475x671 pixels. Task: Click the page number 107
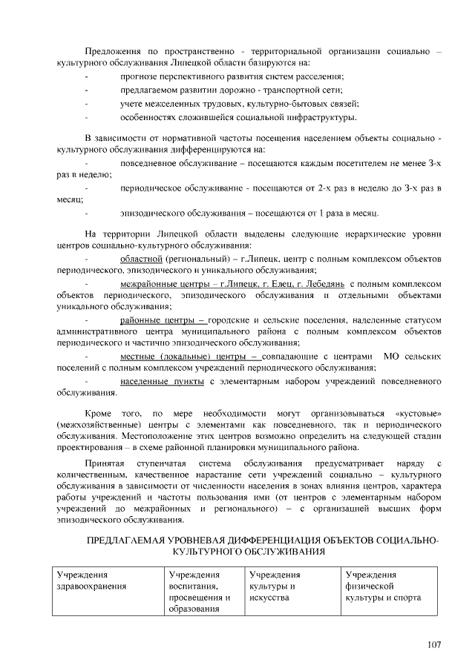point(434,644)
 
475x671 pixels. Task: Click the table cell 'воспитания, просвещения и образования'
point(199,592)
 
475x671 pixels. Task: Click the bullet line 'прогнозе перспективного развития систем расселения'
point(232,76)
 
